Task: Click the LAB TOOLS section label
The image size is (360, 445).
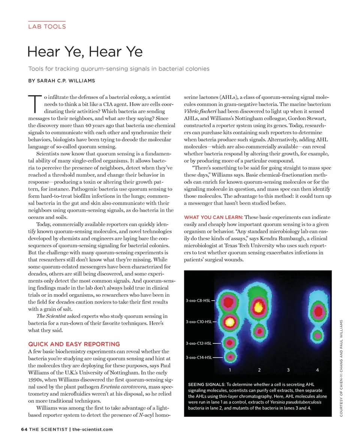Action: coord(47,27)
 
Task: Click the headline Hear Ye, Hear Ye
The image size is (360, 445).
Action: coord(85,51)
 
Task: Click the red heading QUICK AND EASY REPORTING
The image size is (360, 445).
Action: coord(74,344)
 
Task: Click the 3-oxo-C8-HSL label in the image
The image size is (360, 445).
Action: coord(198,301)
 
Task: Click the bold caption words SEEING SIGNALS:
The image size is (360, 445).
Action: coord(206,385)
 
